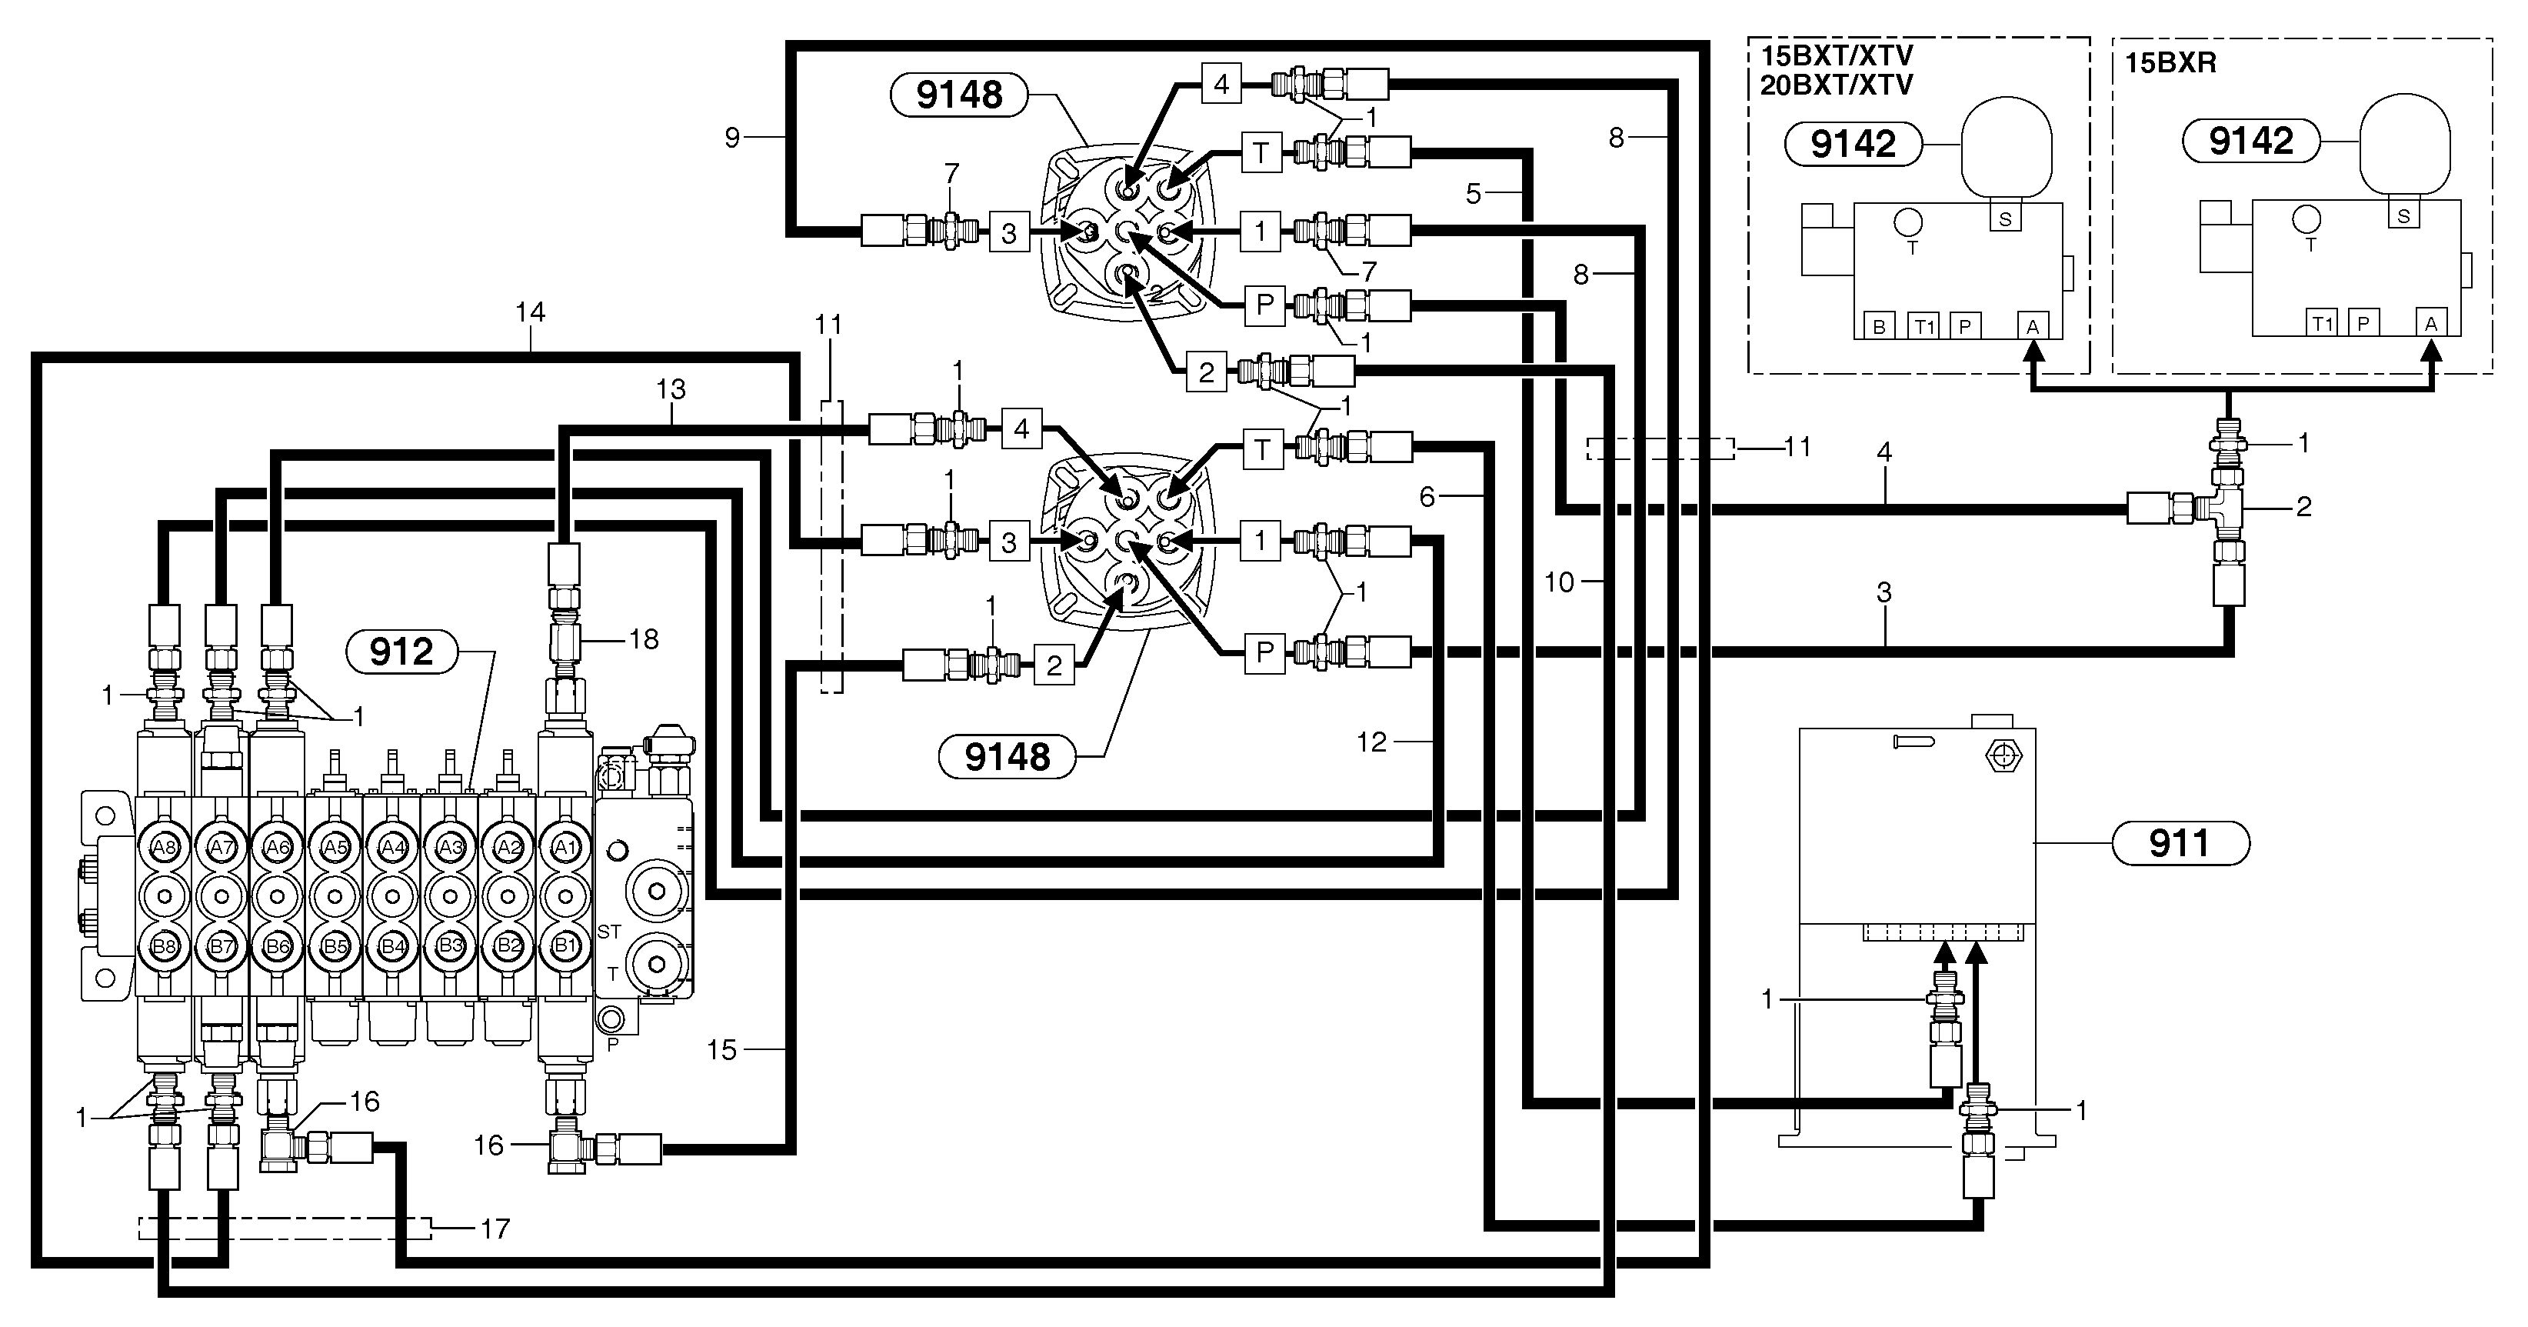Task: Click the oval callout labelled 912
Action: [x=401, y=652]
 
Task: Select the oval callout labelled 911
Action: [x=2179, y=843]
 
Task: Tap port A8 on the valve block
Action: [x=164, y=847]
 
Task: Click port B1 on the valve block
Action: [x=565, y=946]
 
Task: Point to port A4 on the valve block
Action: [x=392, y=847]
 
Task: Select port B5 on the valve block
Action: [x=335, y=946]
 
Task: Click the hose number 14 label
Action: [x=530, y=312]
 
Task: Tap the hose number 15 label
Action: [x=721, y=1050]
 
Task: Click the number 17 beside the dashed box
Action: [x=495, y=1229]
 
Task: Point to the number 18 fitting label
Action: [x=643, y=639]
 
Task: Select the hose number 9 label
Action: [x=732, y=138]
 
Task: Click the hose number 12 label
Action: [x=1371, y=742]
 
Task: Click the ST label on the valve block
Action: [x=608, y=932]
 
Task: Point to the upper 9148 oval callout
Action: [x=959, y=95]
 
